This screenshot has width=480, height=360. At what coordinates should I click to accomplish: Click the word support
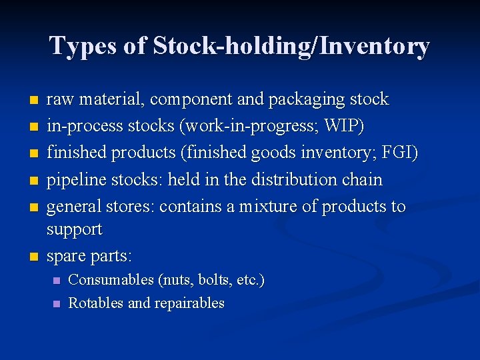pos(74,229)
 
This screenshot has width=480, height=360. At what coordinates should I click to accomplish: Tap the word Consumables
pos(111,280)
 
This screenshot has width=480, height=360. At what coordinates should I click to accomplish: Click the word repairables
pos(189,303)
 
